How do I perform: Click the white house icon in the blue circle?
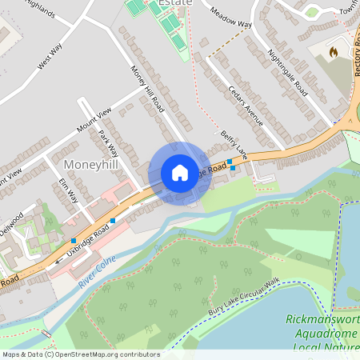(180, 172)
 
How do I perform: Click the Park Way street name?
(108, 143)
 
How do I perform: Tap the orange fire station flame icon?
(334, 51)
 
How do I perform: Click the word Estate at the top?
(177, 3)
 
